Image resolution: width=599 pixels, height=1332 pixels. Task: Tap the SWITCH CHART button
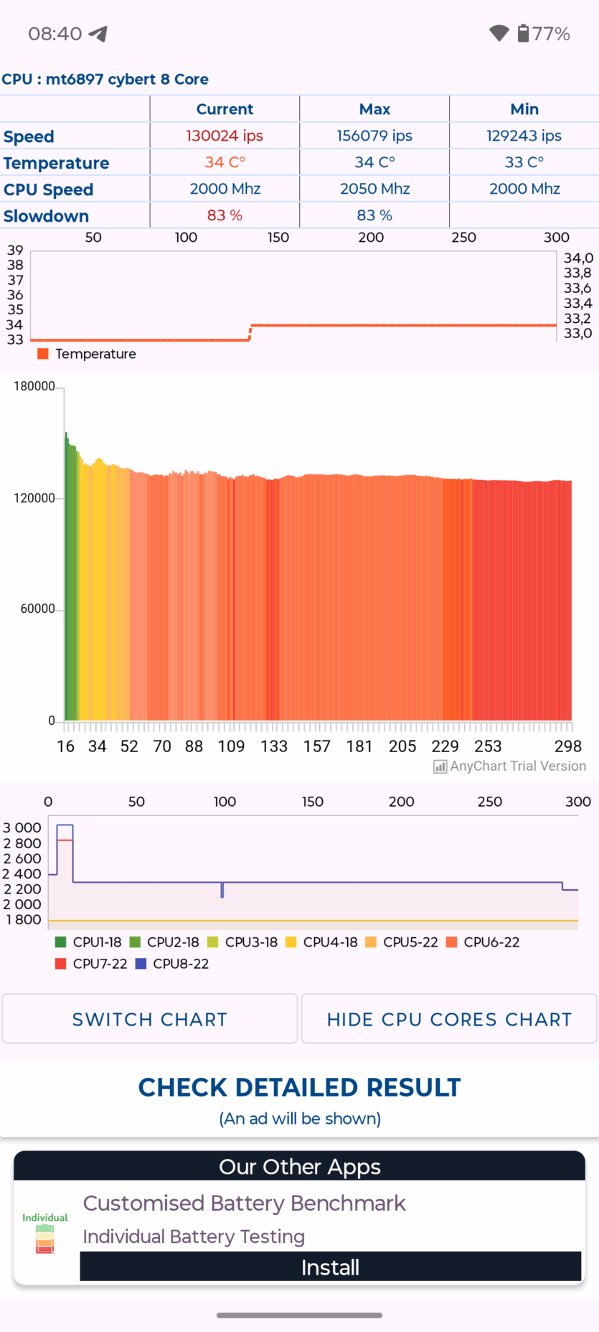point(149,1018)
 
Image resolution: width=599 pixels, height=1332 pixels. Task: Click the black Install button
point(330,1267)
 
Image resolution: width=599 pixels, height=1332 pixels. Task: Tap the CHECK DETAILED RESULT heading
point(299,1087)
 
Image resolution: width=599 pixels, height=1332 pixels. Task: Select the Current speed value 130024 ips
point(225,136)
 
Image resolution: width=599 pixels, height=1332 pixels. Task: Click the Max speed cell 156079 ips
point(374,136)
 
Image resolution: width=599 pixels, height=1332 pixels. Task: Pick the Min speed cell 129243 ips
point(524,136)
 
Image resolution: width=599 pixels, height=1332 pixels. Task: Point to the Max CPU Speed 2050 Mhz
point(374,189)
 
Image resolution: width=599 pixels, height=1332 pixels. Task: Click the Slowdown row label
point(47,216)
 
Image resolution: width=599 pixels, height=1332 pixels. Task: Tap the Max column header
point(374,109)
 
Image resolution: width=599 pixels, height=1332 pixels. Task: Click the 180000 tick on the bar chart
point(34,386)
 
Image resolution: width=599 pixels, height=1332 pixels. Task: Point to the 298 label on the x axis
point(567,746)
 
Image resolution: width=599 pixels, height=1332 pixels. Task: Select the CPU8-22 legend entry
point(172,964)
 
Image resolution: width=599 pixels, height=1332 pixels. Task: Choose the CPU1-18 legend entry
point(89,942)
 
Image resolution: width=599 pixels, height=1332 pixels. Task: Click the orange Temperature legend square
point(43,354)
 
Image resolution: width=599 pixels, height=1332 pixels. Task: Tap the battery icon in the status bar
point(524,33)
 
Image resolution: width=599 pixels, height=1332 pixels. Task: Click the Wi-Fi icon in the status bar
point(499,33)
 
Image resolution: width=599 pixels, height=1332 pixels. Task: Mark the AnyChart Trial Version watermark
point(510,766)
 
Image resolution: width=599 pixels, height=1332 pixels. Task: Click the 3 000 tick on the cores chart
point(22,827)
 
